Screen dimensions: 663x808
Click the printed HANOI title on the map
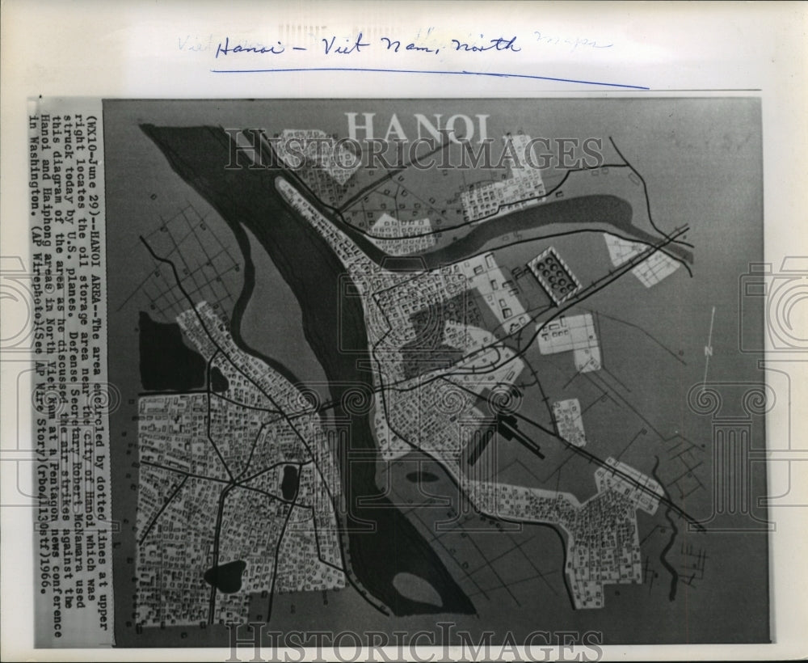click(x=418, y=128)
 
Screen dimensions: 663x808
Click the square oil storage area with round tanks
click(x=553, y=275)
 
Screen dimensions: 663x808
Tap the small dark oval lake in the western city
click(x=289, y=481)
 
